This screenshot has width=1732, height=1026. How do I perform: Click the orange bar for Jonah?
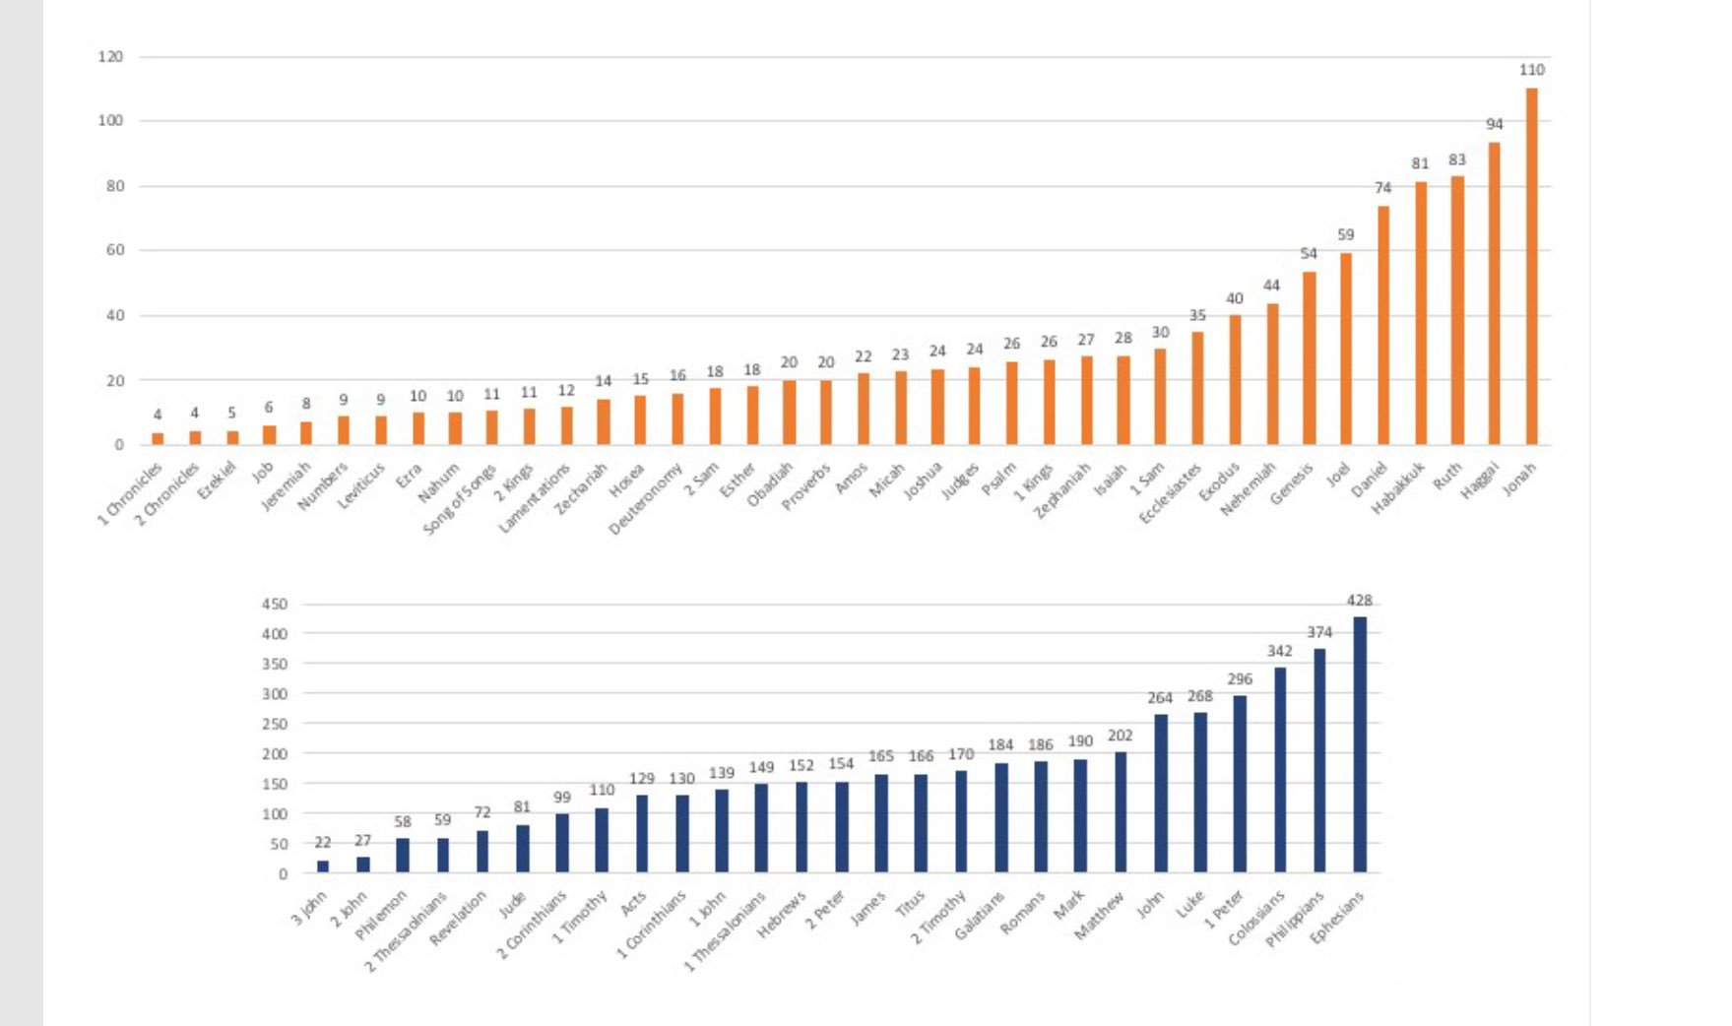(1531, 266)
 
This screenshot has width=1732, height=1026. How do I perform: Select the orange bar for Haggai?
(1494, 293)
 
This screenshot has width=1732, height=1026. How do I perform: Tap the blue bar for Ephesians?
(1360, 744)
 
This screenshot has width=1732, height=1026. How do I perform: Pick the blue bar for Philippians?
(1319, 760)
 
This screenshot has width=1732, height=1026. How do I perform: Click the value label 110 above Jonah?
(1531, 70)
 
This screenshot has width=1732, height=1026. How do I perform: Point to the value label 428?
(1360, 600)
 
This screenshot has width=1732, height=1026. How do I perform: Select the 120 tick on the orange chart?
(110, 57)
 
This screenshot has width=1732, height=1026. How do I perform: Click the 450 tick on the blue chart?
(275, 604)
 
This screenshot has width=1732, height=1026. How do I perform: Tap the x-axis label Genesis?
(1292, 482)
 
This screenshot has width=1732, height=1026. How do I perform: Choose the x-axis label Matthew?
(1100, 915)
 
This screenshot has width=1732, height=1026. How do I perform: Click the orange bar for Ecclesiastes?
(1197, 388)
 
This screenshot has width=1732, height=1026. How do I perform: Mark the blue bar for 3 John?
(323, 866)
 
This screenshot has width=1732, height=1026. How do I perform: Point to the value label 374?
(1319, 632)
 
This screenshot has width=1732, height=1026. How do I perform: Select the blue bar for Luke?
(1200, 793)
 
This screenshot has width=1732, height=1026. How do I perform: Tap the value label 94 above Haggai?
(1494, 124)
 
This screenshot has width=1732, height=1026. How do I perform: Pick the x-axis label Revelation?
(459, 918)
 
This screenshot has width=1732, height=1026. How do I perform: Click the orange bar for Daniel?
(1382, 325)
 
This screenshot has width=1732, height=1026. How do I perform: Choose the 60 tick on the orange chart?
(115, 250)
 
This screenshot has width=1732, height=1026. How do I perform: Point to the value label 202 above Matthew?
(1120, 736)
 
